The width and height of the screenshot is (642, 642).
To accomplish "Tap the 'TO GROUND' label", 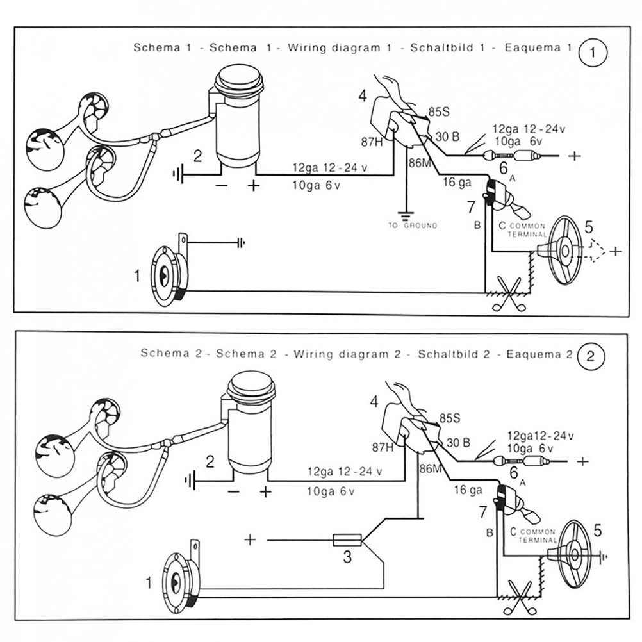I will (413, 226).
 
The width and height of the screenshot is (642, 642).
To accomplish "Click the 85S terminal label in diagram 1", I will (439, 111).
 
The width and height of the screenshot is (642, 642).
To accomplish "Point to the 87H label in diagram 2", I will (383, 447).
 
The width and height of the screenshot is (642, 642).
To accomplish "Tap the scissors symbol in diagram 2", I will (522, 595).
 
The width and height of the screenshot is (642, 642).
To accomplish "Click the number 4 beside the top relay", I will (363, 97).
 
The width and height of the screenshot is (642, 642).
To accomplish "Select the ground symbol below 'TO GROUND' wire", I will (404, 215).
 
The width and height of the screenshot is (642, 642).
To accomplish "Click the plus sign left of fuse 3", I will (250, 539).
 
